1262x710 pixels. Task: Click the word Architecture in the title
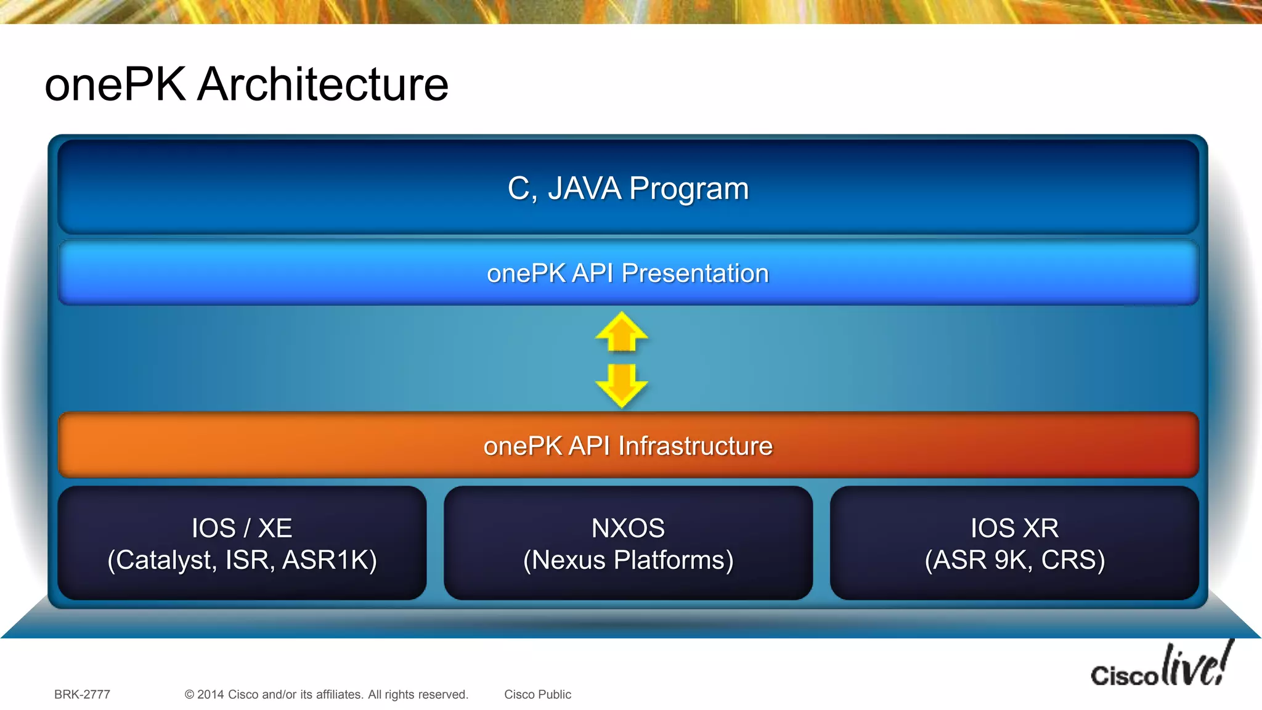[323, 84]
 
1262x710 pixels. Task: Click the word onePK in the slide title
[115, 84]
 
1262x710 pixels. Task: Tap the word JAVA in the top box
[584, 189]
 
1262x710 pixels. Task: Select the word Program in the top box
[688, 189]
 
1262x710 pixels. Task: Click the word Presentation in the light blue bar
[695, 274]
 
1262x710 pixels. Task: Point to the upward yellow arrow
[621, 332]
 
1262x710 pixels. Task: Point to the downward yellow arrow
[621, 385]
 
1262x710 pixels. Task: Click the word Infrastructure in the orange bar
[695, 446]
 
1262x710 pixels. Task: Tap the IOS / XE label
[242, 528]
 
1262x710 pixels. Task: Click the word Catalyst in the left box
[165, 560]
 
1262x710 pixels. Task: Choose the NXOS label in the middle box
[628, 528]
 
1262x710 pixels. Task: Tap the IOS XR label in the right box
[1014, 528]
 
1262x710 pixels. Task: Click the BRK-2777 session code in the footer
[82, 695]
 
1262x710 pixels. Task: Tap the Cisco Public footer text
[537, 695]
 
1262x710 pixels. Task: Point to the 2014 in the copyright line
[210, 695]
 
